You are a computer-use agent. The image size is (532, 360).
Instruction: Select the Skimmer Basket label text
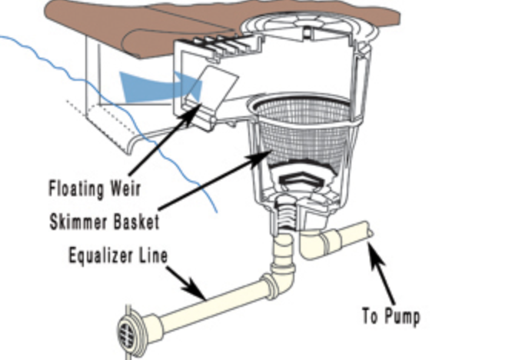[x=102, y=223]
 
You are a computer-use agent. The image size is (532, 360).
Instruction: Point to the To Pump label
[x=391, y=315]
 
